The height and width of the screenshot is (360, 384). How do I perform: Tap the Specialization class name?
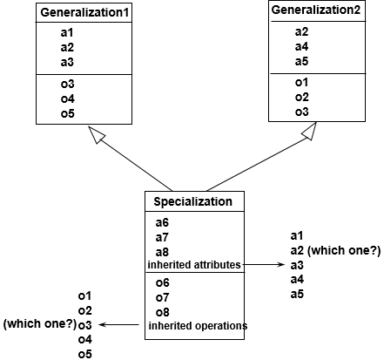pos(192,202)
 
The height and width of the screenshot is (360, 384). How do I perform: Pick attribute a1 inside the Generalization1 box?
pos(68,32)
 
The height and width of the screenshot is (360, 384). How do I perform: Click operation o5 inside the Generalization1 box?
pos(68,114)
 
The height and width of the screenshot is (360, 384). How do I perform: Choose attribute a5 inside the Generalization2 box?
pos(301,62)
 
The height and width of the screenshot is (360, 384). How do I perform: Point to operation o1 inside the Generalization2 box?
pos(301,82)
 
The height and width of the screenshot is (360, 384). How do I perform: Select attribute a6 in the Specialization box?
pos(162,222)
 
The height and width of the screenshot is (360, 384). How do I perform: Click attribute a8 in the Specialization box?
pos(162,251)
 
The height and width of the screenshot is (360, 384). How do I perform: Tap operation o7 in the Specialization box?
pos(162,297)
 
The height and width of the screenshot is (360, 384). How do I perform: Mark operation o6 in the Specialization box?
pos(162,282)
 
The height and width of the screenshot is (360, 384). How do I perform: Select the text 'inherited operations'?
pos(198,326)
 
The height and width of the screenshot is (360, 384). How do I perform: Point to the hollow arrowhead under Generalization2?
pos(308,131)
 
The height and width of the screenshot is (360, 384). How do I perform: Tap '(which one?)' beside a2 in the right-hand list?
pos(345,251)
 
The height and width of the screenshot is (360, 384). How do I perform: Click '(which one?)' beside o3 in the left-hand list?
pos(38,324)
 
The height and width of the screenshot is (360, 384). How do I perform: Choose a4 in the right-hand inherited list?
pos(297,279)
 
